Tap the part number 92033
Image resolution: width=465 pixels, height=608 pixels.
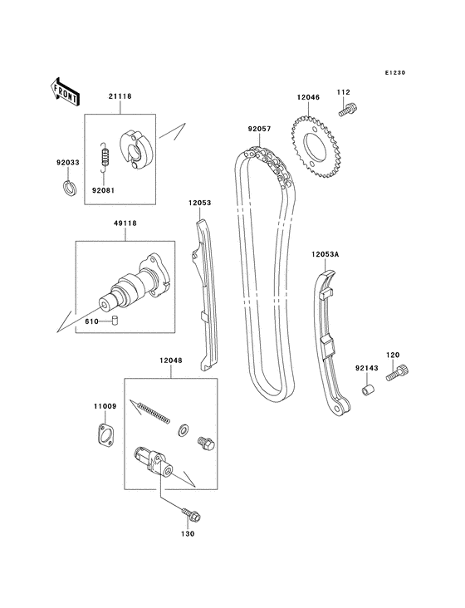coord(67,163)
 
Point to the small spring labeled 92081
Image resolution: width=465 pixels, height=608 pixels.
coord(103,155)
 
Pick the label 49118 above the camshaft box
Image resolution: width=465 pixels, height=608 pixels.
coord(126,223)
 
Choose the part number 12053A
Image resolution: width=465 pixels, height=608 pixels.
coord(325,254)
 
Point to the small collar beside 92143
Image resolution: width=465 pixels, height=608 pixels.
coord(367,389)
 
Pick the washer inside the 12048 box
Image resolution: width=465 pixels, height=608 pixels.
coord(183,430)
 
